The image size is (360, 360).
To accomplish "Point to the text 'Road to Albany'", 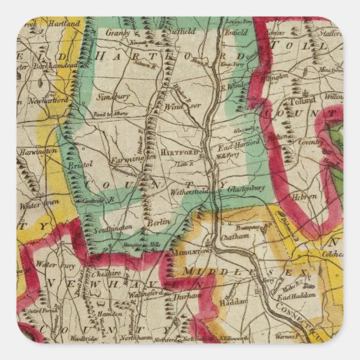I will click(x=102, y=127).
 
